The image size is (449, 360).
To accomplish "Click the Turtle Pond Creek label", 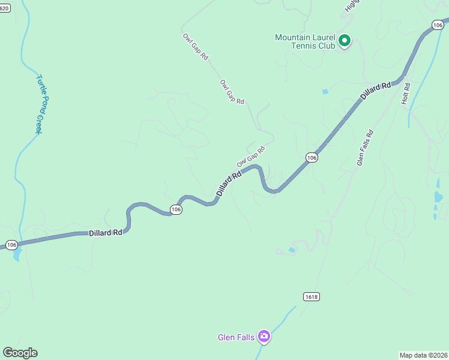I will [x=41, y=103].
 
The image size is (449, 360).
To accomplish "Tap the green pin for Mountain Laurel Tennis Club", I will [x=345, y=41].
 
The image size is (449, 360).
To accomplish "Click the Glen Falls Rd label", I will [x=365, y=148].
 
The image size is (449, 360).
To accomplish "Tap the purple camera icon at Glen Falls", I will [x=264, y=337].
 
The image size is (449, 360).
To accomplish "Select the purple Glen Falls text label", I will [x=236, y=337].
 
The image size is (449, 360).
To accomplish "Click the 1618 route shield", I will [x=311, y=297].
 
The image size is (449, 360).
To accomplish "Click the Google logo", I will [x=20, y=353].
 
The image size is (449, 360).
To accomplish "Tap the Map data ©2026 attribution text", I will [x=423, y=355].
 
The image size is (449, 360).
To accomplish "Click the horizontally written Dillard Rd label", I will [x=106, y=232].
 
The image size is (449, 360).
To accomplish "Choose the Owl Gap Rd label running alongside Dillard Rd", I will [x=250, y=155].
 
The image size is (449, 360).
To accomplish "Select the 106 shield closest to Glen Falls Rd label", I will [x=311, y=157].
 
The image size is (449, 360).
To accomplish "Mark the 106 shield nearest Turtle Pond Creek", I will [x=11, y=245].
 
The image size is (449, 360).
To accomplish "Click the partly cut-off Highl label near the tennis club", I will [x=352, y=5].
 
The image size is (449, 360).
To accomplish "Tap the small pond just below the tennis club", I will [x=325, y=92].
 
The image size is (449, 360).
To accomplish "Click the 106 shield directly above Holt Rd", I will [x=437, y=24].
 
